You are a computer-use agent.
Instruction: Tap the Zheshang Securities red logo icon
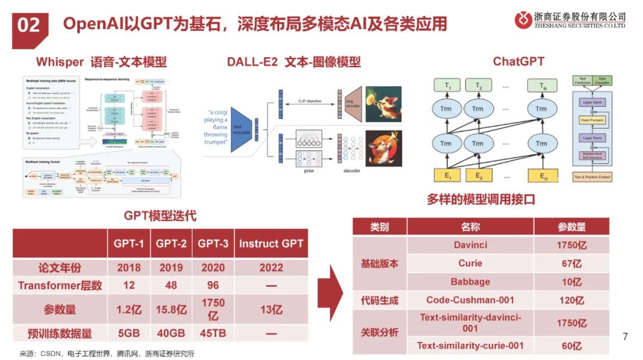523,20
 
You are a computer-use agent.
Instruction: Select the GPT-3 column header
213,243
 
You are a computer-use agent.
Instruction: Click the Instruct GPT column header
271,243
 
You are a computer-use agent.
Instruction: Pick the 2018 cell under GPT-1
129,267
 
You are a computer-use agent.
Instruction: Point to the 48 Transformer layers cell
171,286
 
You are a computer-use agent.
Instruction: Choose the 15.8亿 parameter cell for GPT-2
171,310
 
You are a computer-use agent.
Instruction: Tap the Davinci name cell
470,245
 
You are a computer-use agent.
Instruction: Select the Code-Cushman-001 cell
470,300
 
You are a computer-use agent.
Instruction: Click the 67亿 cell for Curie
571,264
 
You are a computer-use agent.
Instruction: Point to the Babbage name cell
470,281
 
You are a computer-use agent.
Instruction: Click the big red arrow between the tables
331,291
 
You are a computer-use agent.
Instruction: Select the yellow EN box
541,176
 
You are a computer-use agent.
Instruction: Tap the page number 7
625,336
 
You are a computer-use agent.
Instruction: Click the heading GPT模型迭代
160,215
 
